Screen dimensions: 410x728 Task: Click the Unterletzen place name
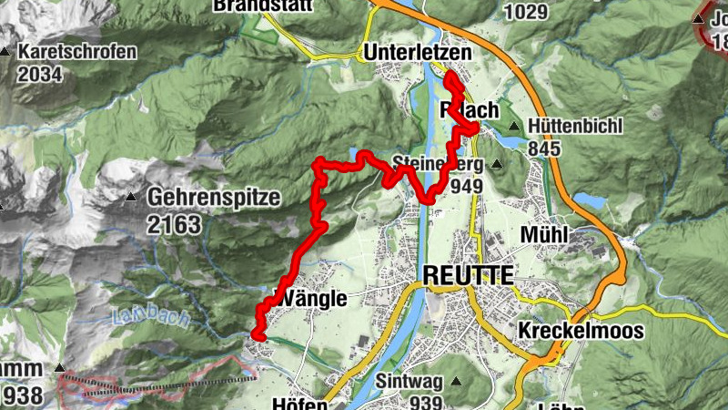click(418, 54)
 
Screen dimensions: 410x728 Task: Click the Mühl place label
click(544, 235)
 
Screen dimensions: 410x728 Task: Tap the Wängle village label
click(310, 299)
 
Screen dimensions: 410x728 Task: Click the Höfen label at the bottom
click(299, 404)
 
